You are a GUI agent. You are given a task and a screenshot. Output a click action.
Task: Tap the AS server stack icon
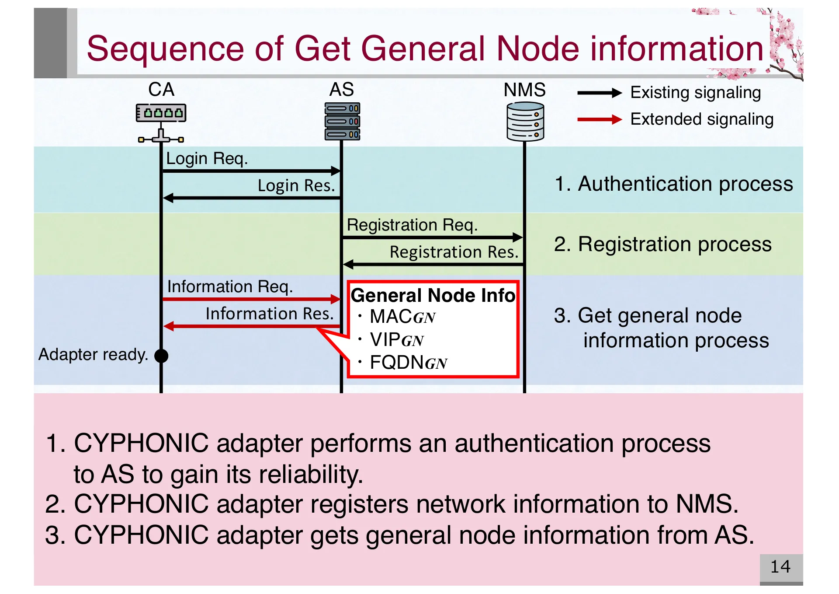pos(342,121)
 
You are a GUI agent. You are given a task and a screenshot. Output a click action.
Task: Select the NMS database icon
pos(525,122)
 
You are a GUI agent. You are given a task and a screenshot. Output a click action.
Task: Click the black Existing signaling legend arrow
pos(599,93)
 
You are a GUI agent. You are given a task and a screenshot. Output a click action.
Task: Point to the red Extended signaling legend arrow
pos(599,119)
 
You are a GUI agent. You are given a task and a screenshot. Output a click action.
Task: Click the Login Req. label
pos(207,158)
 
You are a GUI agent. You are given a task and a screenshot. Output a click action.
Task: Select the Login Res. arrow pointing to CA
pos(251,198)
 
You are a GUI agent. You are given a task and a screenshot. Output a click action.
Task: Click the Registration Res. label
pos(454,252)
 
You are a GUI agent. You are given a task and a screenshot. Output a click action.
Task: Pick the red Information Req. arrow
pos(251,299)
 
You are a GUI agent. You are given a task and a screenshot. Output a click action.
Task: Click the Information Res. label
pos(269,314)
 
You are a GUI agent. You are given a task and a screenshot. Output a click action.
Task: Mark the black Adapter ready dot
pos(161,356)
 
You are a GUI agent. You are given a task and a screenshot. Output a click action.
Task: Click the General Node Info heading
pos(433,295)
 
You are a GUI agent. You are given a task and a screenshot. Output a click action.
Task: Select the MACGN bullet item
pos(402,317)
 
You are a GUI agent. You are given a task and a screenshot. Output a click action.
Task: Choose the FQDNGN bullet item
pos(408,363)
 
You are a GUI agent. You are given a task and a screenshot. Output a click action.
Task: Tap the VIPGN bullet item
pos(396,340)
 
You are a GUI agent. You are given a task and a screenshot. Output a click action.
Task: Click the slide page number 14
pos(780,567)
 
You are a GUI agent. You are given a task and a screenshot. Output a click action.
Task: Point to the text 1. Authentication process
pos(673,184)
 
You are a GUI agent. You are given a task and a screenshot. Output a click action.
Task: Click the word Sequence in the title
pos(165,49)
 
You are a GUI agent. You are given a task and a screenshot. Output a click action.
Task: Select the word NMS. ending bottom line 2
pos(707,504)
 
